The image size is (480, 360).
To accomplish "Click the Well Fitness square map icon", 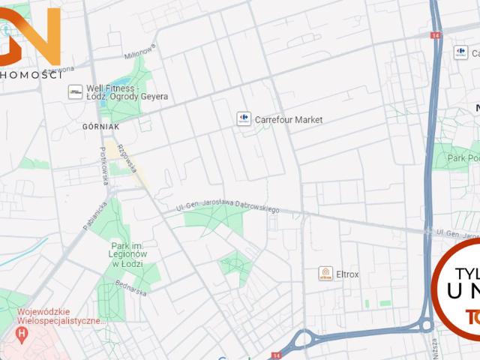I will coord(75,91).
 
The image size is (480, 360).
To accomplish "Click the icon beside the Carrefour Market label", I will coord(244,118).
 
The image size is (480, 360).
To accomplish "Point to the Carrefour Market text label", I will coord(289,119).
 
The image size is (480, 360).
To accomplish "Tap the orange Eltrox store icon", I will coord(325,274).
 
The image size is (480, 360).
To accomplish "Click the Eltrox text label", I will coord(348,274).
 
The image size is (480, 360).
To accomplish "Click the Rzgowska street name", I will coord(126,157).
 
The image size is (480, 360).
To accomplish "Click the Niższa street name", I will coord(448,345).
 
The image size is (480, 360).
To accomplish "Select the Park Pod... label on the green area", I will coord(463,158).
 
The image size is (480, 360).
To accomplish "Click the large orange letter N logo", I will coord(41,34).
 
